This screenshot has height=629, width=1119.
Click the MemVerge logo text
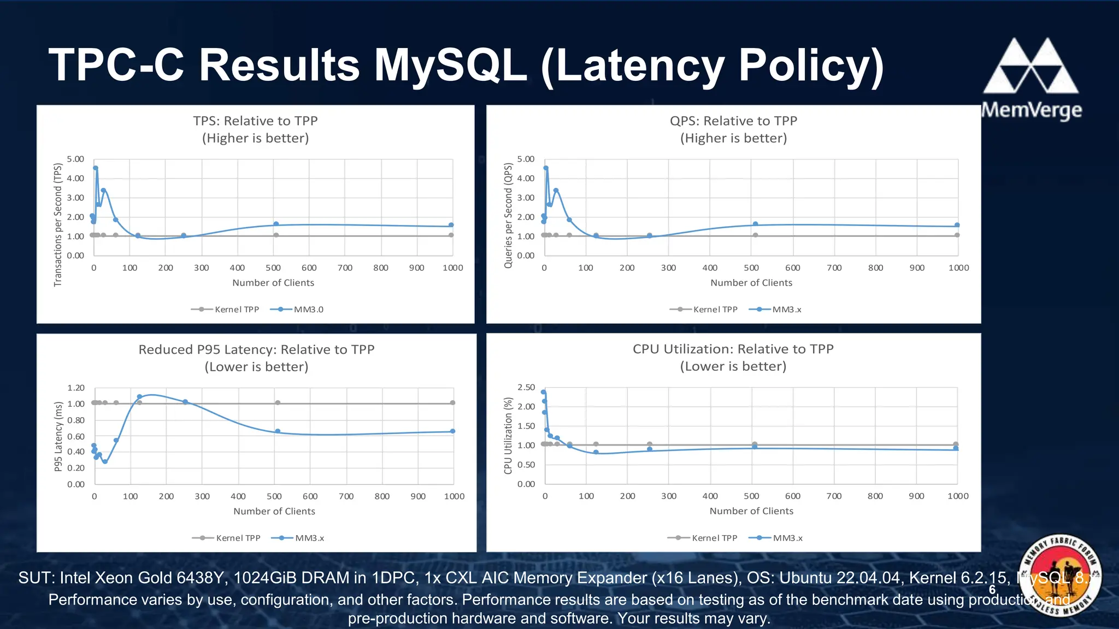1032,110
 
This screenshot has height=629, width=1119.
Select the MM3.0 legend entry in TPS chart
297,310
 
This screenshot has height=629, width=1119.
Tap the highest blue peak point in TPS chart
96,168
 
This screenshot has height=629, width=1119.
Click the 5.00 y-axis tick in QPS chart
526,159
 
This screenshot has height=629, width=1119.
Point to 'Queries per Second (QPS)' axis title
508,216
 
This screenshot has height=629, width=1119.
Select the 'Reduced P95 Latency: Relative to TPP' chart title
256,349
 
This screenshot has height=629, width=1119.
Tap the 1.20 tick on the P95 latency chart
76,388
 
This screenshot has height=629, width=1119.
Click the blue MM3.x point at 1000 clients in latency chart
452,431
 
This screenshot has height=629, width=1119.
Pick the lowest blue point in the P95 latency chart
105,461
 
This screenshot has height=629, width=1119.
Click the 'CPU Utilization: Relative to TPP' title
733,349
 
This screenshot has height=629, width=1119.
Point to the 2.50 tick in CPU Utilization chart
526,387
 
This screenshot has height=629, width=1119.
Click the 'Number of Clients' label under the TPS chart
273,283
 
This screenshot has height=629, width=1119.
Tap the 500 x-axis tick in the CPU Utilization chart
751,496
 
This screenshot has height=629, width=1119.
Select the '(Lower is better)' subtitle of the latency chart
256,366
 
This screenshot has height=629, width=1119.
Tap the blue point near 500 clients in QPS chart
755,224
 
